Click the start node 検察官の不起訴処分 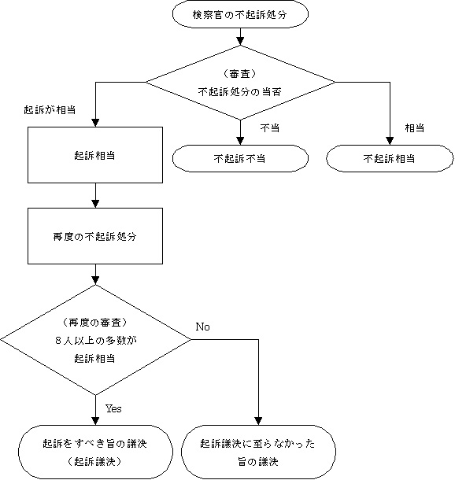[240, 14]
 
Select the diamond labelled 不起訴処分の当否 [240, 83]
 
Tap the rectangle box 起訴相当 [95, 155]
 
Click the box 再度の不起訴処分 [95, 236]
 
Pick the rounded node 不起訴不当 [240, 158]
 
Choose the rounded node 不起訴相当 [390, 158]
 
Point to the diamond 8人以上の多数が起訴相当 [95, 340]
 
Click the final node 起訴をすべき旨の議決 [95, 452]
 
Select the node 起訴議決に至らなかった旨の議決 [258, 452]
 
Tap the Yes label [113, 408]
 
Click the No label [202, 327]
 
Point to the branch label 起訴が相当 [50, 110]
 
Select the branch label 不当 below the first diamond [270, 127]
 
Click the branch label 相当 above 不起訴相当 [415, 127]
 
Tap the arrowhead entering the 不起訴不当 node [240, 141]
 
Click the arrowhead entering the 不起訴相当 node [390, 141]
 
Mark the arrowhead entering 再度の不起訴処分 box [95, 204]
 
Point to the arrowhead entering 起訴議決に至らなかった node [258, 421]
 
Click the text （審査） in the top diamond [239, 74]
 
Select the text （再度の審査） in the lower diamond [94, 323]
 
